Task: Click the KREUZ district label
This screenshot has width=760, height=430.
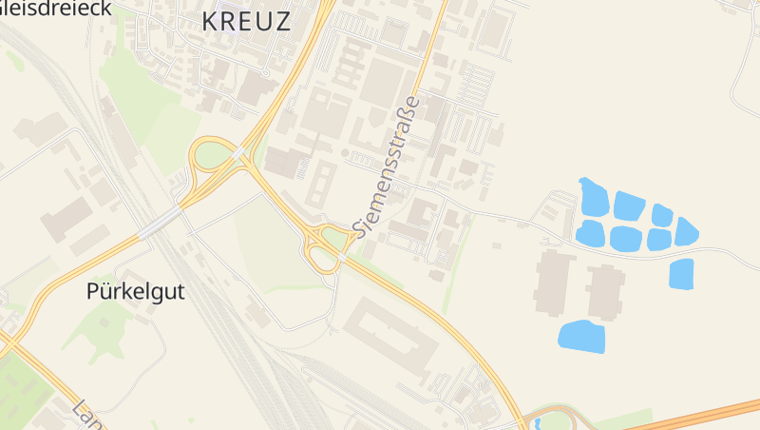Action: (246, 22)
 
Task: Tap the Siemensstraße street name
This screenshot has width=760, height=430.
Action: (386, 166)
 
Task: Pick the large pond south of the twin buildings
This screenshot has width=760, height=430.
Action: (581, 336)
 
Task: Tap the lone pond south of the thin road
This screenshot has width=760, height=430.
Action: (681, 274)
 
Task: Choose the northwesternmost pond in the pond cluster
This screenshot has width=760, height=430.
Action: (593, 197)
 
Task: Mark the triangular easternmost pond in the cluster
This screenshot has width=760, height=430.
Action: (686, 231)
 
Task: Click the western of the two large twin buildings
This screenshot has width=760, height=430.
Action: (554, 282)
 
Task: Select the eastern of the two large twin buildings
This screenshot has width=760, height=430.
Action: (605, 291)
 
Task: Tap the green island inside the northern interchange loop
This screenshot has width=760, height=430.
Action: (215, 153)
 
